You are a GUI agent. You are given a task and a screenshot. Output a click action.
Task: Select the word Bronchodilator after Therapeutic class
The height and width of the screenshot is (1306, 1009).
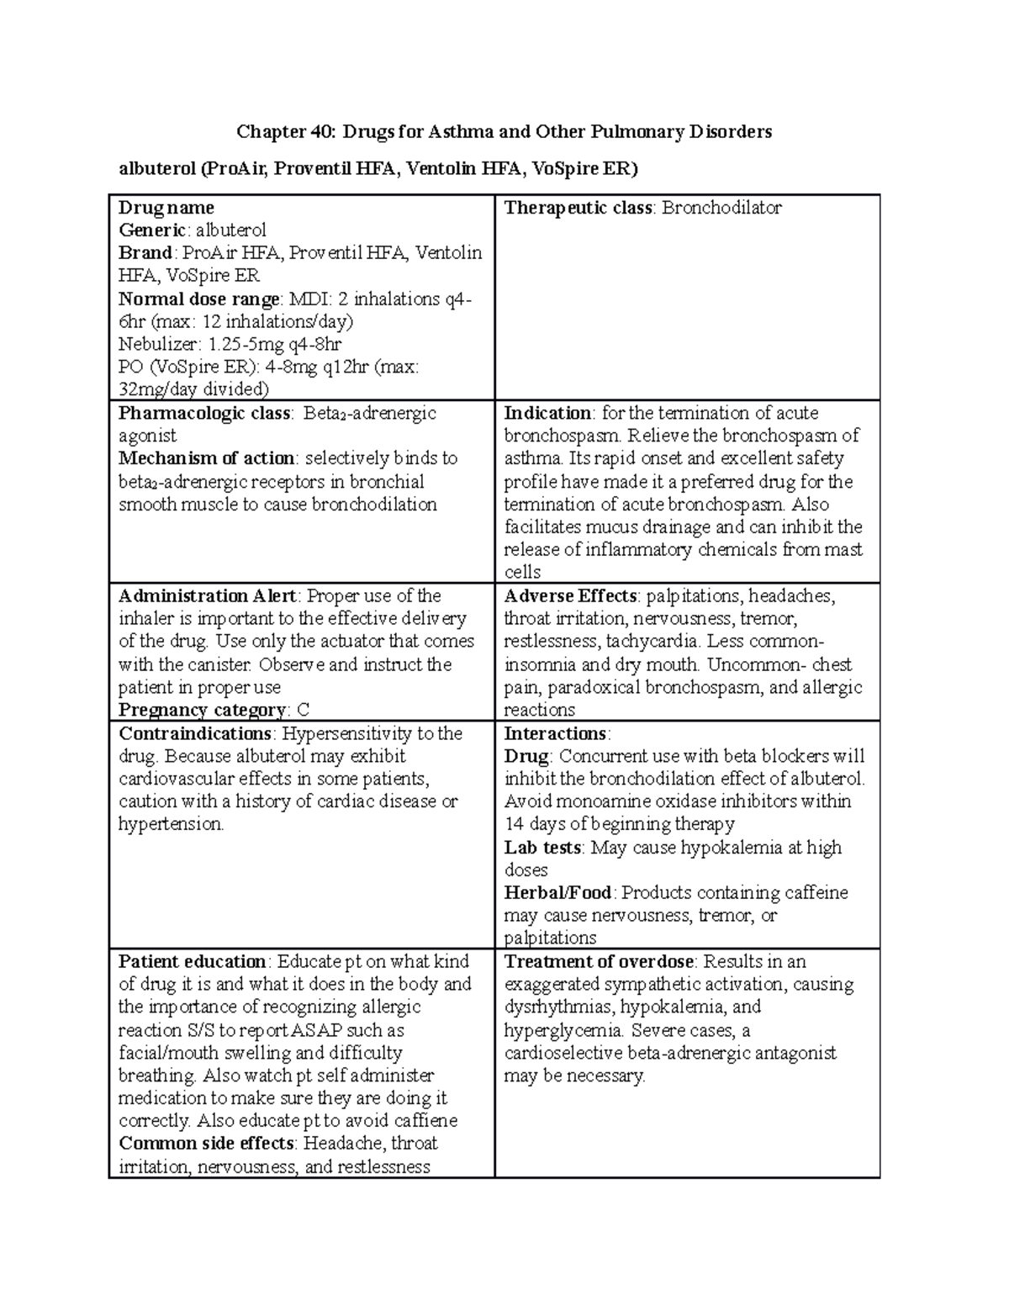click(x=721, y=208)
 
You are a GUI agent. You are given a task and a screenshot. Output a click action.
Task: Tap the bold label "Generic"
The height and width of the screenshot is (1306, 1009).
click(x=154, y=230)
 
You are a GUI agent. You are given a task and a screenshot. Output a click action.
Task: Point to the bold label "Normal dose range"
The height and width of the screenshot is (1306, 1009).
click(x=198, y=299)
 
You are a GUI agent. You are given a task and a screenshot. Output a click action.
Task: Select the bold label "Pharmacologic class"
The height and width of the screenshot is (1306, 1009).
click(x=204, y=413)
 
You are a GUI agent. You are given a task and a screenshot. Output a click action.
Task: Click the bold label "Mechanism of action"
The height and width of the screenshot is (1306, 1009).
click(x=206, y=458)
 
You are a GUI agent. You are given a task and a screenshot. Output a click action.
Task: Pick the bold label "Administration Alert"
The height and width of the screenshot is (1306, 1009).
click(x=207, y=596)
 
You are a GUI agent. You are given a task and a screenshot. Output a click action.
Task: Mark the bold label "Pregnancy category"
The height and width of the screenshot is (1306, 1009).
click(x=202, y=710)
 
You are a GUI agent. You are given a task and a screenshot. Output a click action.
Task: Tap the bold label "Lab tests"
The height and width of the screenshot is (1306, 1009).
click(x=542, y=848)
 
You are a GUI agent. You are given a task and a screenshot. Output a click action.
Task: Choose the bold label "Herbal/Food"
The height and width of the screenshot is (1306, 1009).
click(x=558, y=893)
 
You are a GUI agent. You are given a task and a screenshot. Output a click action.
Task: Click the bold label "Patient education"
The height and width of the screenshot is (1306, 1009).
click(x=193, y=962)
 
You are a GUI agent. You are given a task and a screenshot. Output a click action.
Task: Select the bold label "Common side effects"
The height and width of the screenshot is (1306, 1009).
click(x=207, y=1144)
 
